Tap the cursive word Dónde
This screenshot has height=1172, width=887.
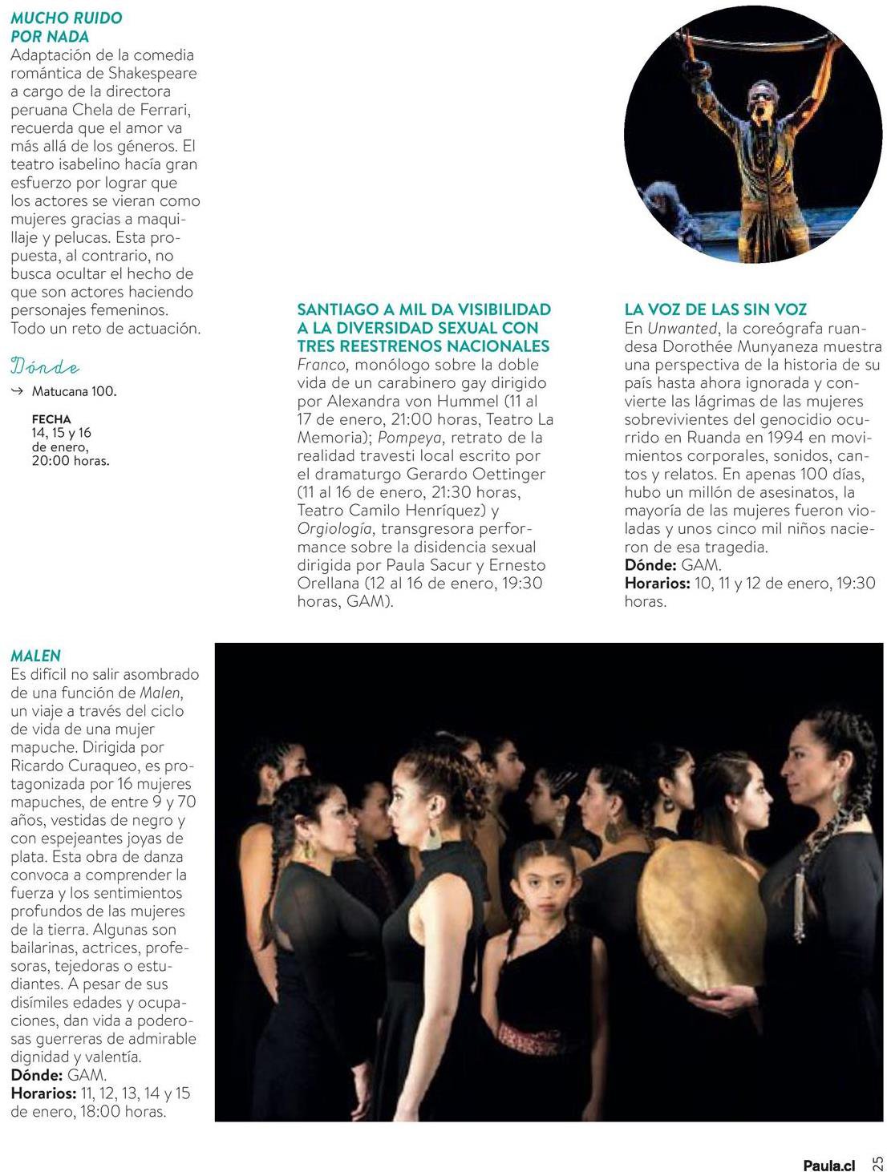(45, 368)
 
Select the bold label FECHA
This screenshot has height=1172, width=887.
(51, 419)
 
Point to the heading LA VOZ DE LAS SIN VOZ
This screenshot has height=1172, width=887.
(715, 309)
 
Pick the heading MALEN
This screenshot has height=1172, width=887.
(36, 656)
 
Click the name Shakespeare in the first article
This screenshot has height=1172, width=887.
(152, 73)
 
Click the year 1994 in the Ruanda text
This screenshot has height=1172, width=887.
(786, 437)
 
